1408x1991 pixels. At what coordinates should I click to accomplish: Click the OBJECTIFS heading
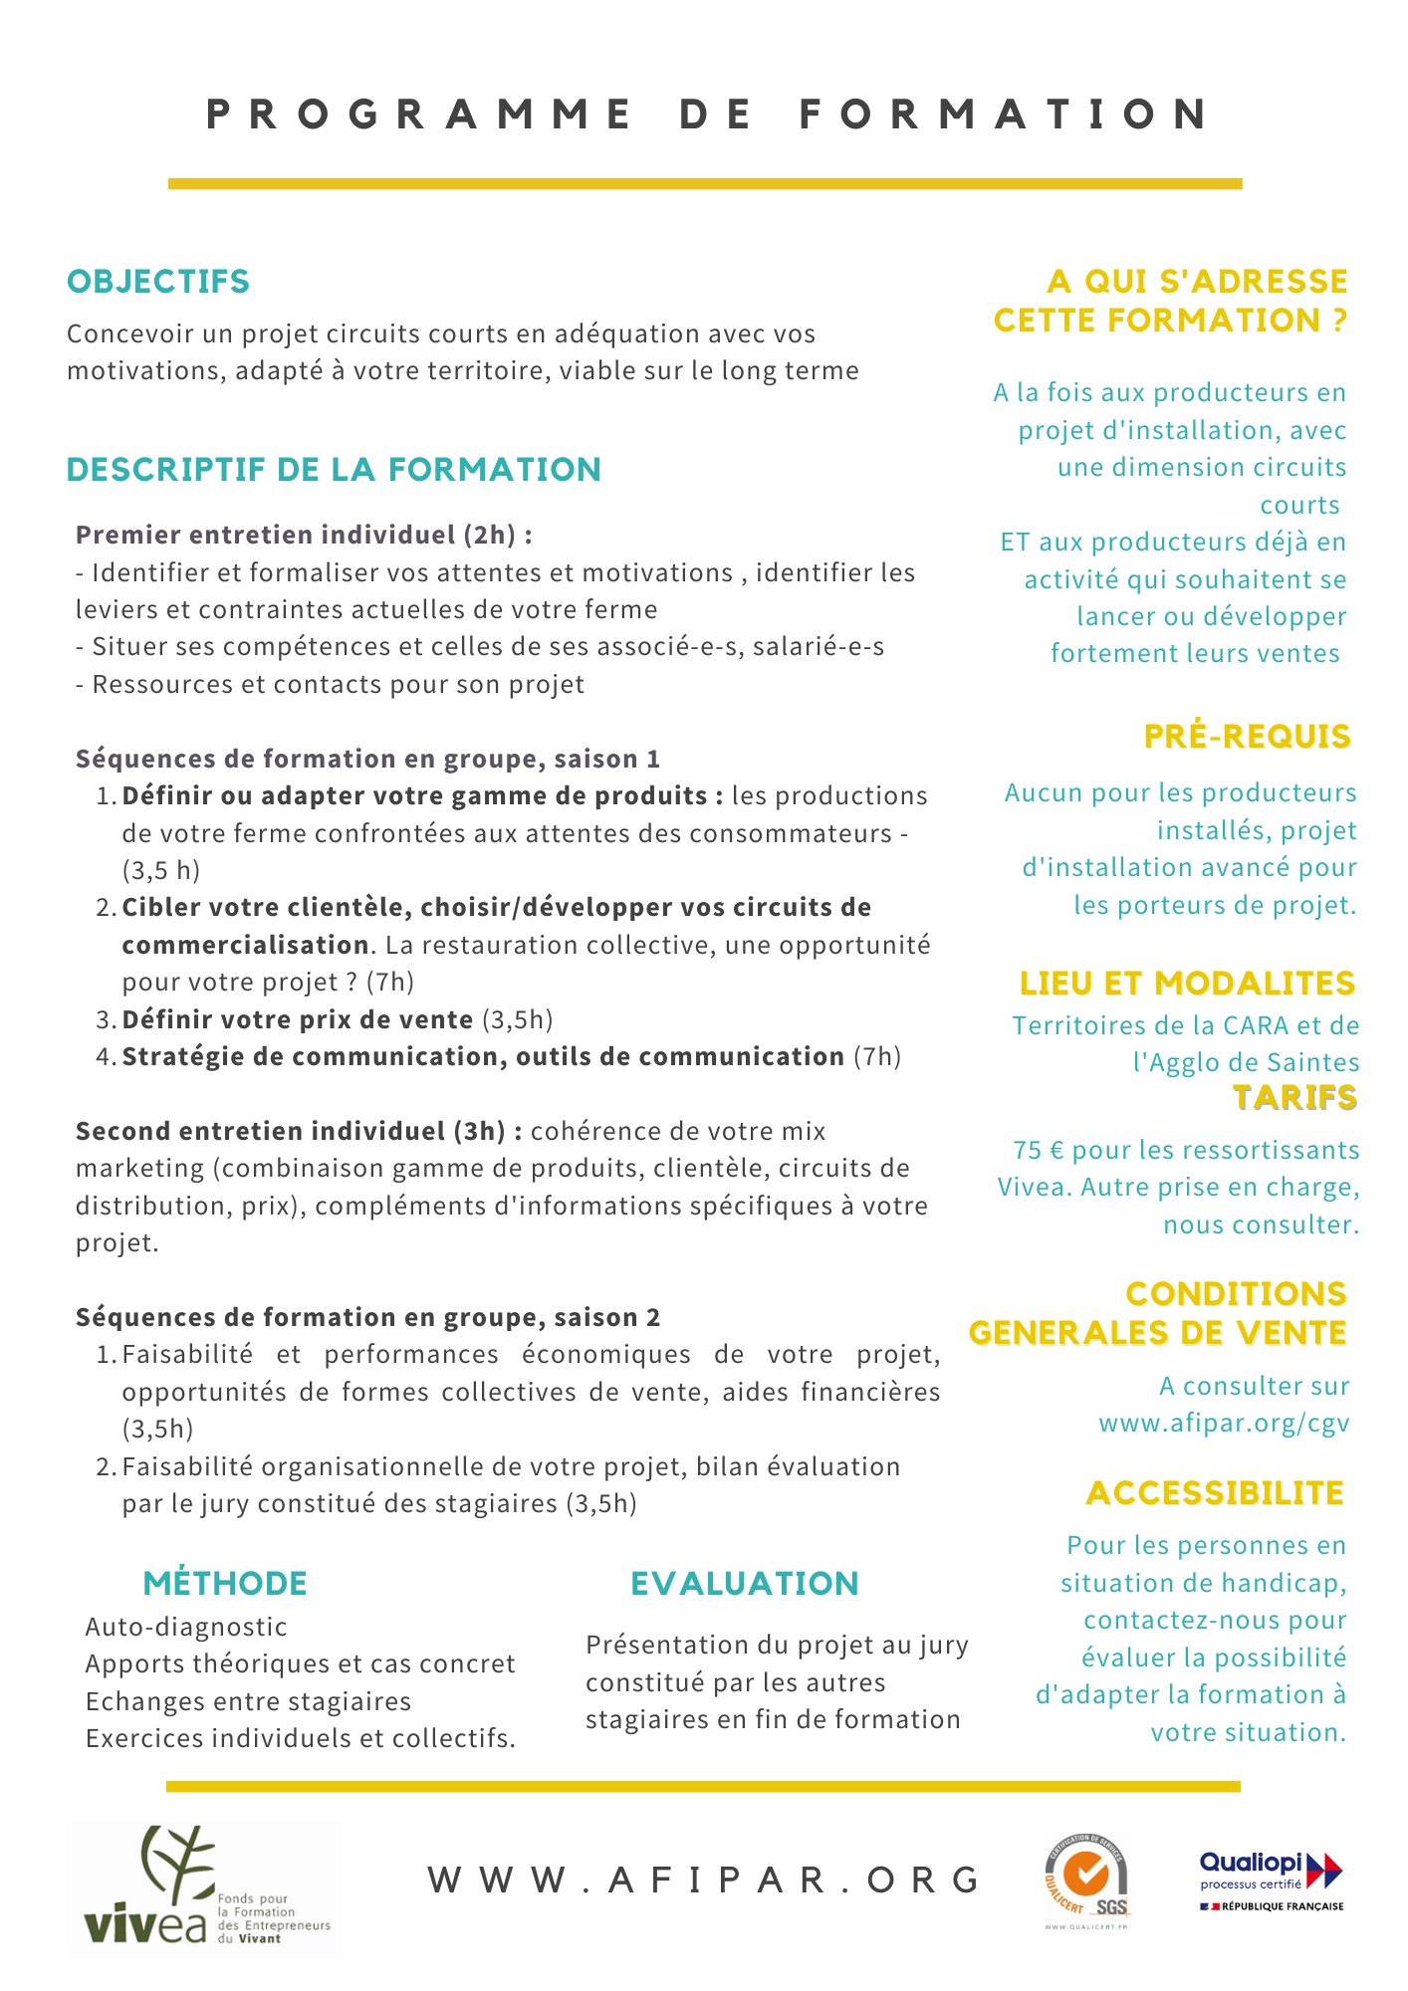click(x=157, y=282)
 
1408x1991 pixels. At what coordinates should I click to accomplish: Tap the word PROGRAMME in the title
click(x=418, y=114)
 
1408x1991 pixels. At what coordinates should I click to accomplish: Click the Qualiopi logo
click(x=1271, y=1880)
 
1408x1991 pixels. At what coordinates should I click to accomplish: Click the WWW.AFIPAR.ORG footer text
click(x=705, y=1880)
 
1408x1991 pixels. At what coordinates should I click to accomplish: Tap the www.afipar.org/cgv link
click(x=1224, y=1423)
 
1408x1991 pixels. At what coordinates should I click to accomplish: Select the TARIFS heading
click(x=1294, y=1097)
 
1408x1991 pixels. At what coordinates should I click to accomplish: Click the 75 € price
click(x=1039, y=1150)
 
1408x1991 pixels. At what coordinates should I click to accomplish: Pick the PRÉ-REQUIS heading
click(x=1247, y=737)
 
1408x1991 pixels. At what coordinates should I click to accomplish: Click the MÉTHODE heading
click(x=225, y=1583)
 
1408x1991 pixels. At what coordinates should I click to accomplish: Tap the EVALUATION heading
click(x=744, y=1583)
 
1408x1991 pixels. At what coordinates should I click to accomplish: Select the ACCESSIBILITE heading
click(x=1215, y=1493)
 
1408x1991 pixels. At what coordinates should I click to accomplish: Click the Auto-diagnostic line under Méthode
click(x=186, y=1627)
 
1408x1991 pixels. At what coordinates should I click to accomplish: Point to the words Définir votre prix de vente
click(x=297, y=1019)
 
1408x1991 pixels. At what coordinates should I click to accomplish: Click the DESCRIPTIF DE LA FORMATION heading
click(x=334, y=470)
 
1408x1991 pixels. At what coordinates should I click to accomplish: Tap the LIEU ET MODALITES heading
click(x=1187, y=984)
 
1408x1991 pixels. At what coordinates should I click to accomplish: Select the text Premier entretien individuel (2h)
click(x=296, y=536)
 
